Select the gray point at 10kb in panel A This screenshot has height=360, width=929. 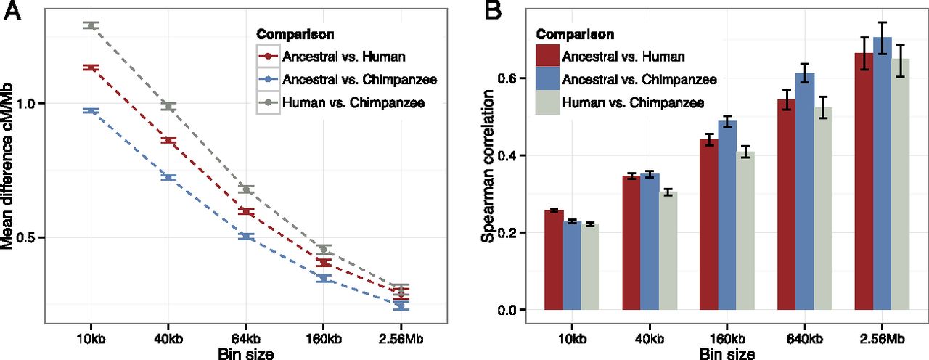click(x=91, y=25)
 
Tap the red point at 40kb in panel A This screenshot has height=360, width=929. click(x=168, y=140)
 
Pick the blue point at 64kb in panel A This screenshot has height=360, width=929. click(x=246, y=237)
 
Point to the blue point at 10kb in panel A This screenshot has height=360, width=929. click(x=91, y=110)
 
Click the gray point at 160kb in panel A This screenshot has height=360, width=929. click(x=324, y=250)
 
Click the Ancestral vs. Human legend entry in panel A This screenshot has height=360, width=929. click(x=334, y=55)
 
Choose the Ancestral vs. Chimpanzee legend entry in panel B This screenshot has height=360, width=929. click(x=630, y=79)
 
